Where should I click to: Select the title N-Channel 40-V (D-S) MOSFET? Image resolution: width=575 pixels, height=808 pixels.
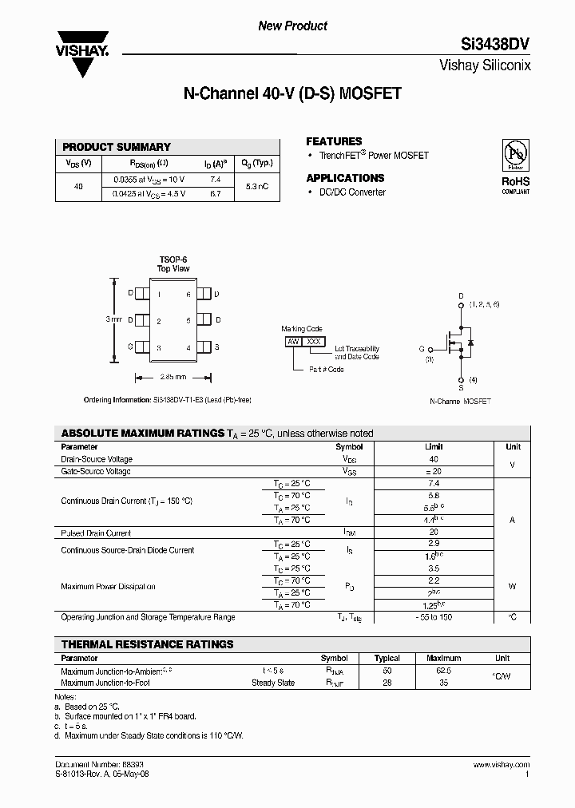(x=292, y=94)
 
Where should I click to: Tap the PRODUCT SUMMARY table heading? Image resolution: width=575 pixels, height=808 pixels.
(x=117, y=147)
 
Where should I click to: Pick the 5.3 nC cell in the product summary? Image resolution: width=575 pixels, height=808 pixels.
(x=257, y=186)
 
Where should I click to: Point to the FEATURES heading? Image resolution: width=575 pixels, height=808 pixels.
(x=334, y=141)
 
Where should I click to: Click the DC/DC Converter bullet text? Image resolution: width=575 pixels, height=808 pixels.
(x=352, y=192)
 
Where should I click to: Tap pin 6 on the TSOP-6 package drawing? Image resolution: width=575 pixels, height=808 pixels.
(x=188, y=295)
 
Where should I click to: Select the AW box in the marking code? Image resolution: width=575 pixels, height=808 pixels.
(x=292, y=341)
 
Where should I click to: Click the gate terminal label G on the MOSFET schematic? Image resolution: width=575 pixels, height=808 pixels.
(x=421, y=349)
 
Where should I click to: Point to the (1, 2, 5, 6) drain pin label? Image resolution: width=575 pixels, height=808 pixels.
(x=484, y=304)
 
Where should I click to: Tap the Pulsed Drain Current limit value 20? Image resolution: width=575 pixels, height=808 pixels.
(x=434, y=533)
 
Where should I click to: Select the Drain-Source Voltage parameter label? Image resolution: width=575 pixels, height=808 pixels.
(x=97, y=459)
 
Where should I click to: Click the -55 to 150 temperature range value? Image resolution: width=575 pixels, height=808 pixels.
(x=434, y=617)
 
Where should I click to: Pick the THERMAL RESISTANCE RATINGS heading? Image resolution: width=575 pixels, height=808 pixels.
(x=148, y=644)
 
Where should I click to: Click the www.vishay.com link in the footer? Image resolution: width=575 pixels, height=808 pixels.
(x=505, y=765)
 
